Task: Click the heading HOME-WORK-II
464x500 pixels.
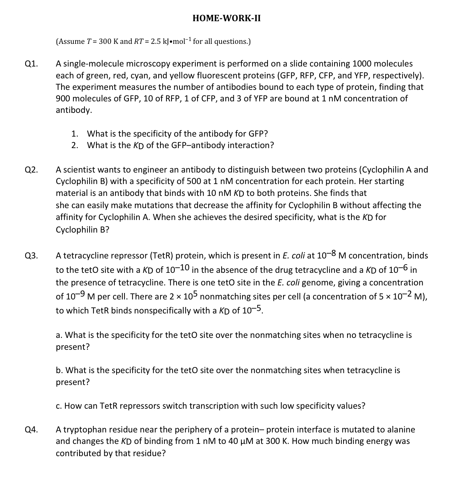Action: pos(227,18)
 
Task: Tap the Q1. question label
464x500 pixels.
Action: pos(31,64)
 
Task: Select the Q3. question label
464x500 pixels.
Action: pos(31,256)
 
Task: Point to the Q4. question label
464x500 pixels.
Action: pos(31,430)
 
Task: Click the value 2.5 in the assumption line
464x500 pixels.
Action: pos(155,41)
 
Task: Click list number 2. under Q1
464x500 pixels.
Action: pos(75,145)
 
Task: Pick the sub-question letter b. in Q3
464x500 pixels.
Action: pos(60,370)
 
